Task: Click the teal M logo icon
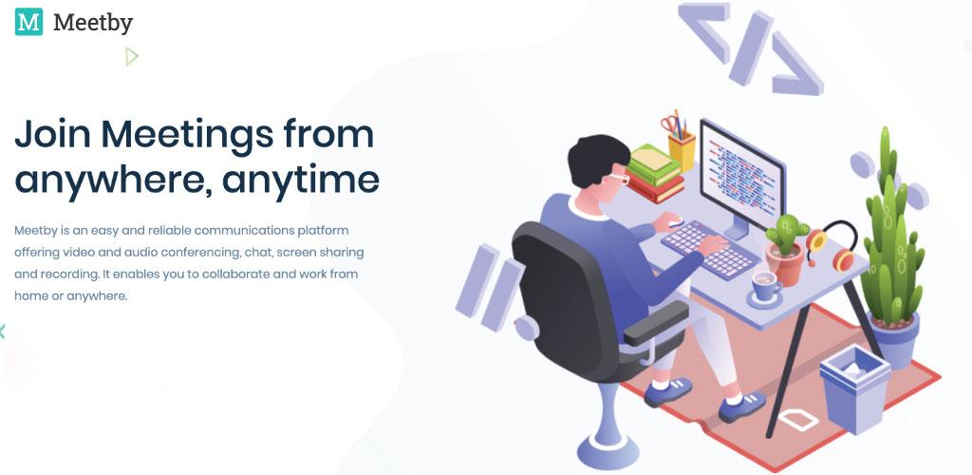click(x=28, y=22)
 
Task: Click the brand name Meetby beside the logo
click(x=93, y=23)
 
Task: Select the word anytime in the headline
click(x=301, y=180)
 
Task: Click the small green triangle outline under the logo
click(x=131, y=56)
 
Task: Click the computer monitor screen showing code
click(x=742, y=173)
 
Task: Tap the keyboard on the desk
click(x=710, y=249)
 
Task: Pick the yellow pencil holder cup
click(x=682, y=150)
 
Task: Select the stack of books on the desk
click(x=655, y=174)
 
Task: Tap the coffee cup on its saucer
click(x=765, y=287)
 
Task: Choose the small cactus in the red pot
click(x=786, y=247)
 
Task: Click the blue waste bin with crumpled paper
click(x=855, y=389)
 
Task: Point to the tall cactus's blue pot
click(x=894, y=340)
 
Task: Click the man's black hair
click(x=598, y=158)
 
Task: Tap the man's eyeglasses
click(x=618, y=178)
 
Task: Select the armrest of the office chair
click(x=656, y=322)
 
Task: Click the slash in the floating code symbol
click(x=751, y=47)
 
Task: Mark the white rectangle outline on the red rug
click(x=798, y=420)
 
